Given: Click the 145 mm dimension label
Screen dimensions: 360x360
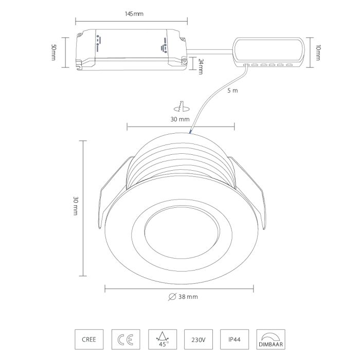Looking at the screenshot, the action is (134, 14).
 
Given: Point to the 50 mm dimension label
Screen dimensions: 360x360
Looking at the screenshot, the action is (53, 52).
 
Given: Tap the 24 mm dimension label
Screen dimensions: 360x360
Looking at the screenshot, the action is (201, 66).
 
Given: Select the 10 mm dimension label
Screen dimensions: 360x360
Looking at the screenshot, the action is (318, 52).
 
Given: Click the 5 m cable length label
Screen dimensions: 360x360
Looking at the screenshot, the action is (232, 91).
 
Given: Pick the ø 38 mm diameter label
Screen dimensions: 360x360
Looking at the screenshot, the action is (183, 297).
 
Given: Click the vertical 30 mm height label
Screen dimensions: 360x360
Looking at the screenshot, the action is (76, 206).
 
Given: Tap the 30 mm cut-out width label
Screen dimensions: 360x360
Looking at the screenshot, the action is (180, 119).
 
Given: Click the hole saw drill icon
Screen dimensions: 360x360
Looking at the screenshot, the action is (182, 106).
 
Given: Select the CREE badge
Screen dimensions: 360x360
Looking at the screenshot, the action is (89, 339).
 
